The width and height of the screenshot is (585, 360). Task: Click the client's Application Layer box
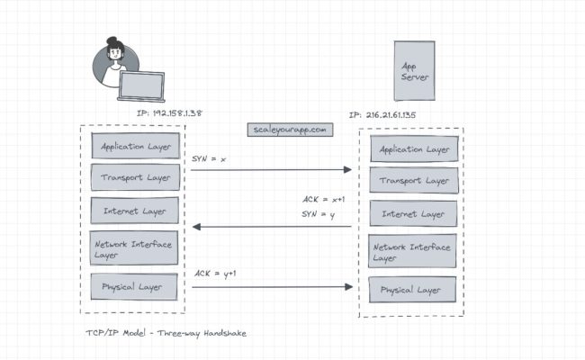[x=136, y=146]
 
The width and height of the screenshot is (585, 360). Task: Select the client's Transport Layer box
[x=136, y=177]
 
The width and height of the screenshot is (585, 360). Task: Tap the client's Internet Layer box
[x=136, y=211]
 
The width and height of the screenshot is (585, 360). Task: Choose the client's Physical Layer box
[x=136, y=288]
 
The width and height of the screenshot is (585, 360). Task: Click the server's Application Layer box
[x=414, y=148]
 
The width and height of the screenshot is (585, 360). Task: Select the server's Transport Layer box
[x=414, y=181]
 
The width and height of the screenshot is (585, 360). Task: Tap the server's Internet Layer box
[x=414, y=214]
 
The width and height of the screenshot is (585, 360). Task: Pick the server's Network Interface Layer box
[x=414, y=252]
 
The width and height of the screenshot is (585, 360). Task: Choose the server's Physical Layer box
[x=414, y=291]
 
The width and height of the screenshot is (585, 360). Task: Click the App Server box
[x=414, y=72]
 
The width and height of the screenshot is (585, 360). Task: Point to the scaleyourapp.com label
[x=291, y=130]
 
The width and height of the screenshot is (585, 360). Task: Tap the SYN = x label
[x=210, y=158]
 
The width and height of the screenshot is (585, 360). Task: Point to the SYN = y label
[x=318, y=214]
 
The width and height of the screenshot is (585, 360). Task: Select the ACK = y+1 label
[x=216, y=273]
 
